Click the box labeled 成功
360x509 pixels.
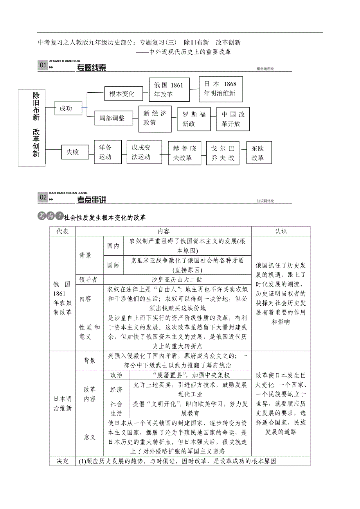tap(68, 108)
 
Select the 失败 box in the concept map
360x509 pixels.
tap(72, 152)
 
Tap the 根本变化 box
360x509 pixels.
tap(122, 93)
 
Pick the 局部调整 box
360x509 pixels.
tap(112, 118)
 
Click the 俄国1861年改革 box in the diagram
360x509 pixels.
tap(169, 90)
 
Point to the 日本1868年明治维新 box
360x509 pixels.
tap(220, 89)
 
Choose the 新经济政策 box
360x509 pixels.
tap(155, 118)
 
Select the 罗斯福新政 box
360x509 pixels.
tap(194, 119)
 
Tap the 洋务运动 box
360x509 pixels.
tap(108, 152)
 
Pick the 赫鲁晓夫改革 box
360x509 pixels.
tap(184, 153)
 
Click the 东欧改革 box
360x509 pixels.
tap(257, 153)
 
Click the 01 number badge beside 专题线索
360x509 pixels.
tap(43, 65)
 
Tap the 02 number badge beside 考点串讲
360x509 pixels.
tap(43, 197)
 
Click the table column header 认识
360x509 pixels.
tap(281, 231)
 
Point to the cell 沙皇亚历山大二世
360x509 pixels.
tap(177, 279)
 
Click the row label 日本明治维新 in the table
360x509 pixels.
tap(63, 403)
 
